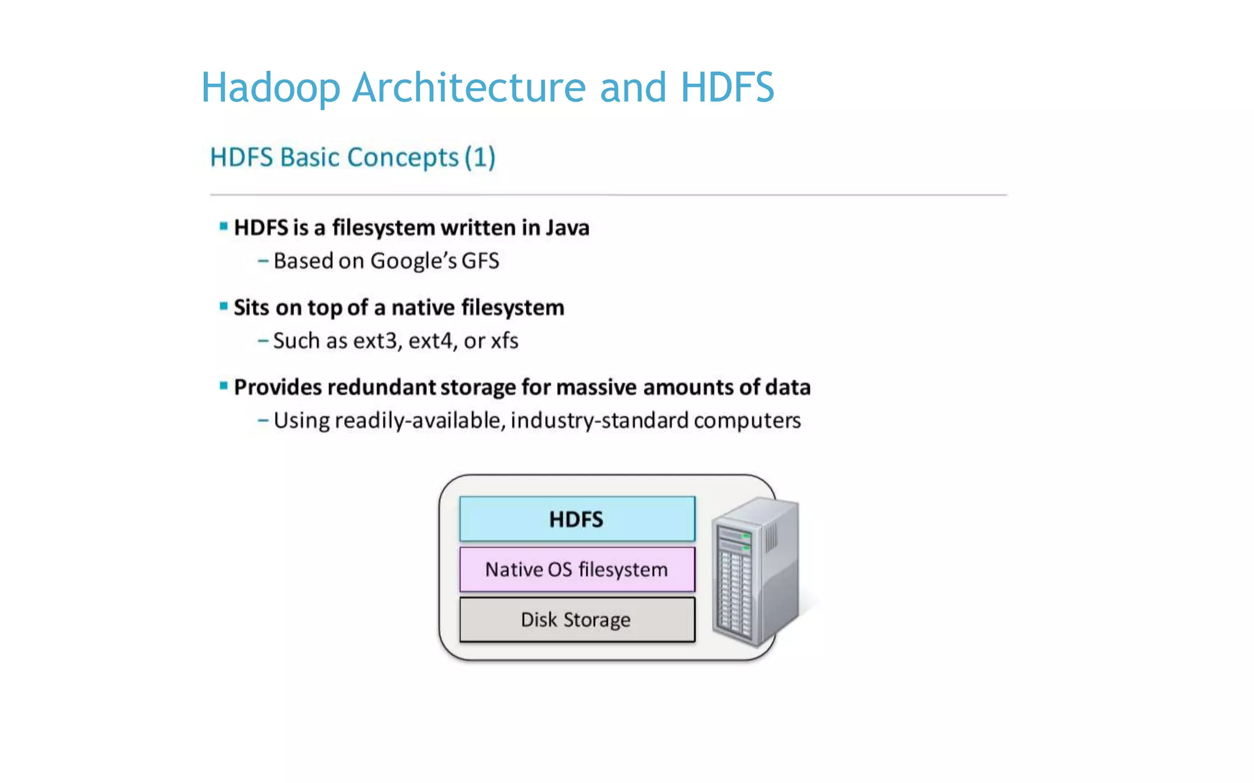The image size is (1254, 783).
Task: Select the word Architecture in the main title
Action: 469,87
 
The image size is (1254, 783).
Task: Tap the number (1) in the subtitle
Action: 479,158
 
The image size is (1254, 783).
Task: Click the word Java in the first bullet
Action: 567,228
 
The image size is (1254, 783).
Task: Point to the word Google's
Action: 413,261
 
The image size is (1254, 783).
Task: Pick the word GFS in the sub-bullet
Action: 480,261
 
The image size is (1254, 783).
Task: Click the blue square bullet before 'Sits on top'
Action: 223,306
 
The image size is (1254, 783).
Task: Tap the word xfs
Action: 504,341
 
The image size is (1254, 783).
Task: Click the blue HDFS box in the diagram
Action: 577,519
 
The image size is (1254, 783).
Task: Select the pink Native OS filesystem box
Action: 577,570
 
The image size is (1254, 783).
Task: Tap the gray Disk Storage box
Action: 577,620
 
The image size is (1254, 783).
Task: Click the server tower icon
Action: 756,571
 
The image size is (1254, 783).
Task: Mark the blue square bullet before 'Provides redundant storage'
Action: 223,385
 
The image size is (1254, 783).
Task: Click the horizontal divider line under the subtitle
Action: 608,195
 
